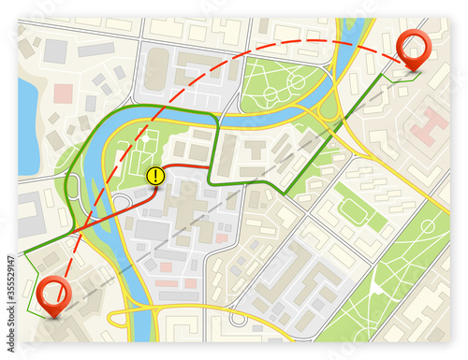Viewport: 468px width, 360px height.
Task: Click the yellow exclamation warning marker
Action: (155, 174)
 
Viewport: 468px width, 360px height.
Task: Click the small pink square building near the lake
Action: (64, 94)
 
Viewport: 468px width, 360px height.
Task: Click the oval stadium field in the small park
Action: (353, 212)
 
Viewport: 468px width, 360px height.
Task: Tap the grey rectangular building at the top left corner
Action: (55, 50)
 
